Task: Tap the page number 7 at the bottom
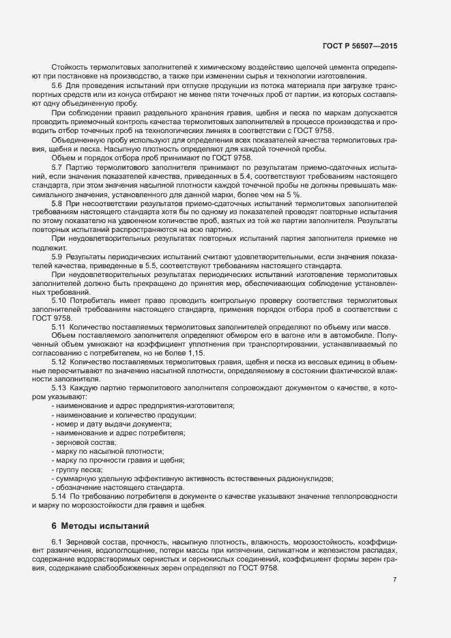tap(395, 579)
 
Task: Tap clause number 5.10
tap(59, 319)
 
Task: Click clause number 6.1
tap(57, 540)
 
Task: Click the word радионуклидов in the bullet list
tap(308, 478)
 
